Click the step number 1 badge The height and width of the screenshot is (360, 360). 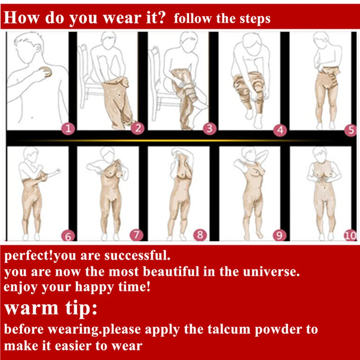pyautogui.click(x=68, y=129)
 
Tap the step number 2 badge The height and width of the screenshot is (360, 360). pyautogui.click(x=138, y=128)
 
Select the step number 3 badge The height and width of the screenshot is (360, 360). pyautogui.click(x=210, y=129)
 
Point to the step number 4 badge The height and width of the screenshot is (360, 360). pyautogui.click(x=280, y=130)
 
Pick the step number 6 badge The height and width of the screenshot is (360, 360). pyautogui.click(x=68, y=236)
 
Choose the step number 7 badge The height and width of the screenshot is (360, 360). pyautogui.click(x=136, y=235)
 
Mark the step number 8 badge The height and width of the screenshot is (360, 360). pyautogui.click(x=200, y=235)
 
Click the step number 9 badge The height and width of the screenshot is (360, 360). pyautogui.click(x=279, y=235)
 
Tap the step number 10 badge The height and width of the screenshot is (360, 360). pyautogui.click(x=350, y=235)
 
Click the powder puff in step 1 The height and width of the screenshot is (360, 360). pyautogui.click(x=46, y=72)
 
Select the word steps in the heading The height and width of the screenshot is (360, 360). pyautogui.click(x=255, y=19)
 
